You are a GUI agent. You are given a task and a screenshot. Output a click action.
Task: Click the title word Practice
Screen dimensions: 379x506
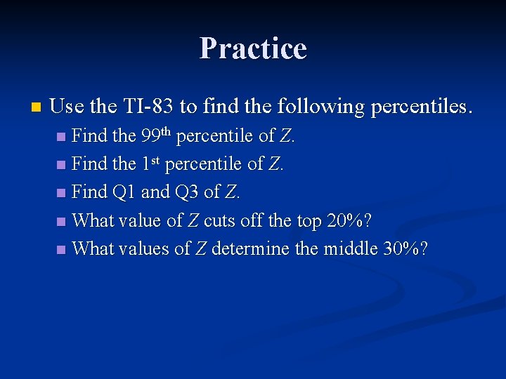pyautogui.click(x=253, y=48)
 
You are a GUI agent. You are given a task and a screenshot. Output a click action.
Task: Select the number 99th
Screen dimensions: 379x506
pyautogui.click(x=156, y=135)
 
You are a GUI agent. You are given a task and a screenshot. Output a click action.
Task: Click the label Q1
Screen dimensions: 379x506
pyautogui.click(x=124, y=192)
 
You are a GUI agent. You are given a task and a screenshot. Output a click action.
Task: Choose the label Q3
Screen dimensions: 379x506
pyautogui.click(x=186, y=192)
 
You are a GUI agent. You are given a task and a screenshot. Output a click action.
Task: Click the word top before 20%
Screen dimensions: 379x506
pyautogui.click(x=307, y=220)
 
